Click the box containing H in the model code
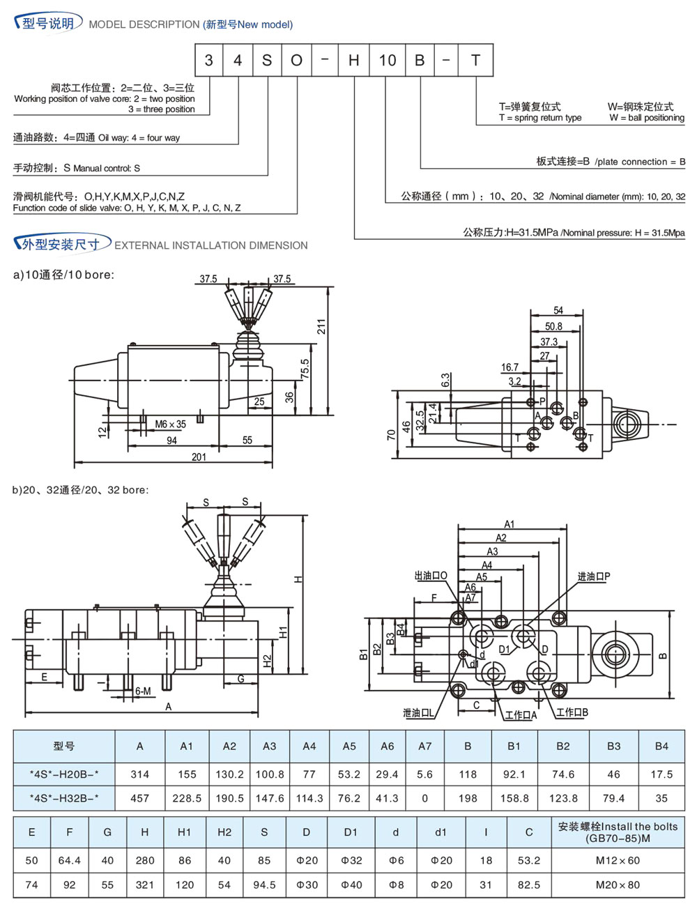[354, 61]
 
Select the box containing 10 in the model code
[387, 61]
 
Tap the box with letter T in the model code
[476, 61]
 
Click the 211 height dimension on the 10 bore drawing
[321, 326]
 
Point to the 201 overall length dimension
[199, 457]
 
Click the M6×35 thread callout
[170, 424]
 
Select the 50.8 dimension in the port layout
[553, 326]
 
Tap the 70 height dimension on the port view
[391, 434]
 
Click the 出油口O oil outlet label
[431, 576]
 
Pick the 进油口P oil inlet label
[594, 576]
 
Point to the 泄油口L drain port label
[418, 712]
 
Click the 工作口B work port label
[572, 712]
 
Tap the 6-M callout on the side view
[142, 691]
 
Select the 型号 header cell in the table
[63, 746]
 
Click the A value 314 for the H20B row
[140, 774]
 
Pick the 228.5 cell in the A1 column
[187, 798]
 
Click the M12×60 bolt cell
[618, 860]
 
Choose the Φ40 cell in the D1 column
[351, 885]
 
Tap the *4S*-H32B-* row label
[64, 798]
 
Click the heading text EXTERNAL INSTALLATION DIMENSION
[210, 245]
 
